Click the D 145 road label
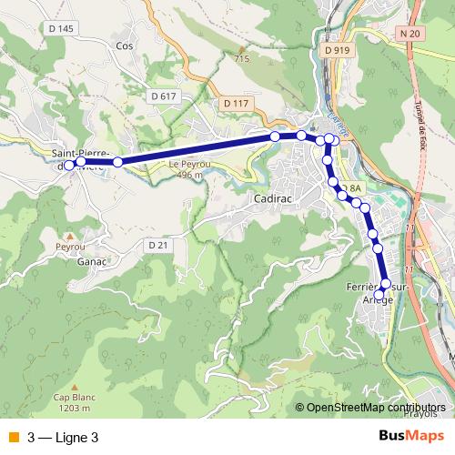click(62, 29)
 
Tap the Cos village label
click(125, 45)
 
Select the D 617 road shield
click(164, 96)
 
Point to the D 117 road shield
click(234, 104)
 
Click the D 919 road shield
click(336, 51)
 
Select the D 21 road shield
click(158, 246)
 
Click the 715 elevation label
click(241, 59)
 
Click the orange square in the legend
click(14, 437)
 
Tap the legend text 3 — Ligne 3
click(63, 437)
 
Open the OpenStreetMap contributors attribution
click(376, 408)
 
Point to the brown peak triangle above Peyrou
click(69, 237)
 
